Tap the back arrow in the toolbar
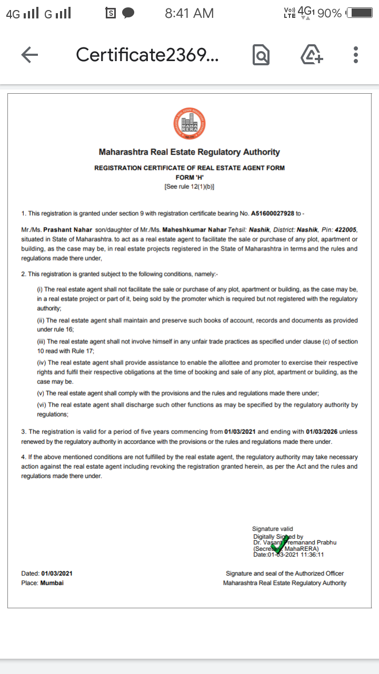point(29,55)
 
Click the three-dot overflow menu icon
point(356,55)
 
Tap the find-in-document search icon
point(261,55)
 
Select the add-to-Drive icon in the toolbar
point(312,55)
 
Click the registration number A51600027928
point(273,213)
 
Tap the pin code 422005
point(345,230)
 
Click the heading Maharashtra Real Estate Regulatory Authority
point(189,152)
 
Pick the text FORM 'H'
point(189,177)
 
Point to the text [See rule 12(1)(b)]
point(189,186)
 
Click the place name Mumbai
point(52,583)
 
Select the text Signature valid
point(273,529)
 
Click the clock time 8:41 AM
point(189,13)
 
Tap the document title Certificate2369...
point(147,55)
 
